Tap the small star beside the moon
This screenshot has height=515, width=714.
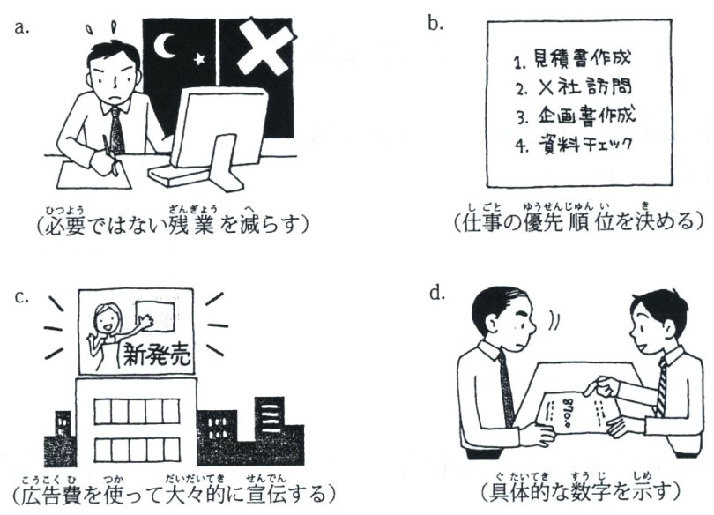pyautogui.click(x=199, y=59)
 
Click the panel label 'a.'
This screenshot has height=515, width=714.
pyautogui.click(x=22, y=27)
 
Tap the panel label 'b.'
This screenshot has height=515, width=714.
pyautogui.click(x=435, y=23)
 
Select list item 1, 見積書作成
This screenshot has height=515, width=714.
pyautogui.click(x=572, y=59)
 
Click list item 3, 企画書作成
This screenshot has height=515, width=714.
pyautogui.click(x=575, y=115)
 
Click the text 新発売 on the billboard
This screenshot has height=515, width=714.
pyautogui.click(x=157, y=355)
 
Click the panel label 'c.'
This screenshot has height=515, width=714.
pyautogui.click(x=21, y=297)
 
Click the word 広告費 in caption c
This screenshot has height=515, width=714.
pyautogui.click(x=52, y=495)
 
